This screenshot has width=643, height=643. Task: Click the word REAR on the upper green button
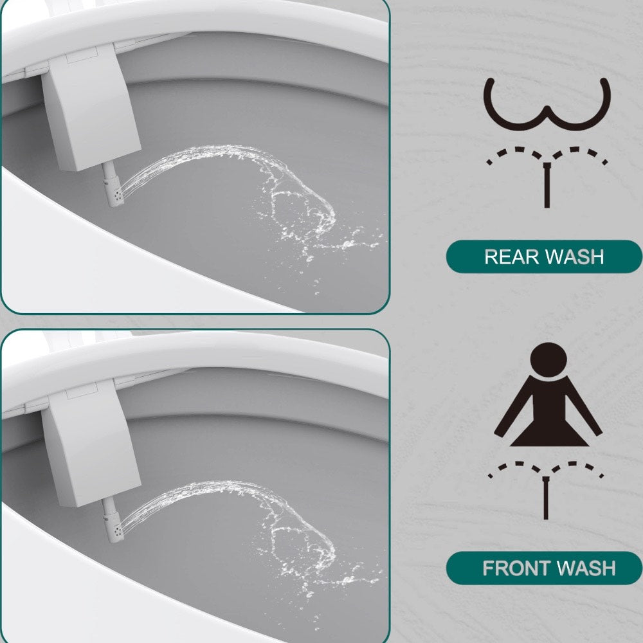click(509, 257)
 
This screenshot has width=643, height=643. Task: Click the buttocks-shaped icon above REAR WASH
click(547, 103)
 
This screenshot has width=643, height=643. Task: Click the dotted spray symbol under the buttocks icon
click(547, 158)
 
